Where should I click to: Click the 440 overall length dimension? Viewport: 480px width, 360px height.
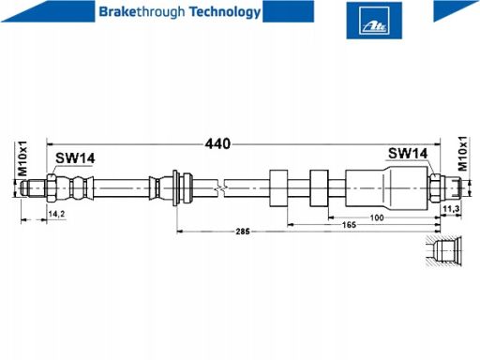coord(217,144)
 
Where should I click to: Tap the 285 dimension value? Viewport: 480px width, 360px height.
coord(243,232)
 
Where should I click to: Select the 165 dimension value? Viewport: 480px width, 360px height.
coord(349,225)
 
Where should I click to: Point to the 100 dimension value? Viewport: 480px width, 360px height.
coord(377,217)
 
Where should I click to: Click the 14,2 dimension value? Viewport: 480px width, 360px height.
coord(56,214)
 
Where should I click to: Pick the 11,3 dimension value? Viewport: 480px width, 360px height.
coord(451,209)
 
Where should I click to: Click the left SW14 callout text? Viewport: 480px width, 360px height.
coord(75,158)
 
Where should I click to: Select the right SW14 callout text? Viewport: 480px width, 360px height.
coord(408,154)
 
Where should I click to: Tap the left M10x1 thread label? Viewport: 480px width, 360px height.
coord(22,158)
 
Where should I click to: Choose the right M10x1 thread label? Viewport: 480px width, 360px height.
coord(463,154)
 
